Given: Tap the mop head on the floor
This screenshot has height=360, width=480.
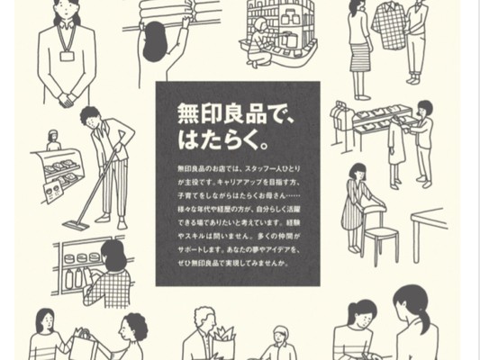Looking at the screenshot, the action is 76,226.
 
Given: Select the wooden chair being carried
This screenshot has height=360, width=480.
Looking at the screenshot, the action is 380,232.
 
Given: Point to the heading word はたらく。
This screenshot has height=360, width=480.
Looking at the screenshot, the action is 223,140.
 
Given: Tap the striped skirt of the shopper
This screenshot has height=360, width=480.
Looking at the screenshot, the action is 360,58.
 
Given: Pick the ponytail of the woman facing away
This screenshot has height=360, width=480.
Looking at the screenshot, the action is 424,319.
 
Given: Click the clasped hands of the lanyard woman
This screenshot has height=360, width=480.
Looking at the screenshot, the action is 67,100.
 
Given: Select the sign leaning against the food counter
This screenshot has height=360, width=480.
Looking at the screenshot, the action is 52,191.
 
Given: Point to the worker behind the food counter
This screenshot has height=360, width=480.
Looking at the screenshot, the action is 53,140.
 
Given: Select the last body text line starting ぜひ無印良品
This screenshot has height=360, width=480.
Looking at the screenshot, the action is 233,263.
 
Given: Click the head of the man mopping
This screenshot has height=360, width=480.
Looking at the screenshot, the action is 91,118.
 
